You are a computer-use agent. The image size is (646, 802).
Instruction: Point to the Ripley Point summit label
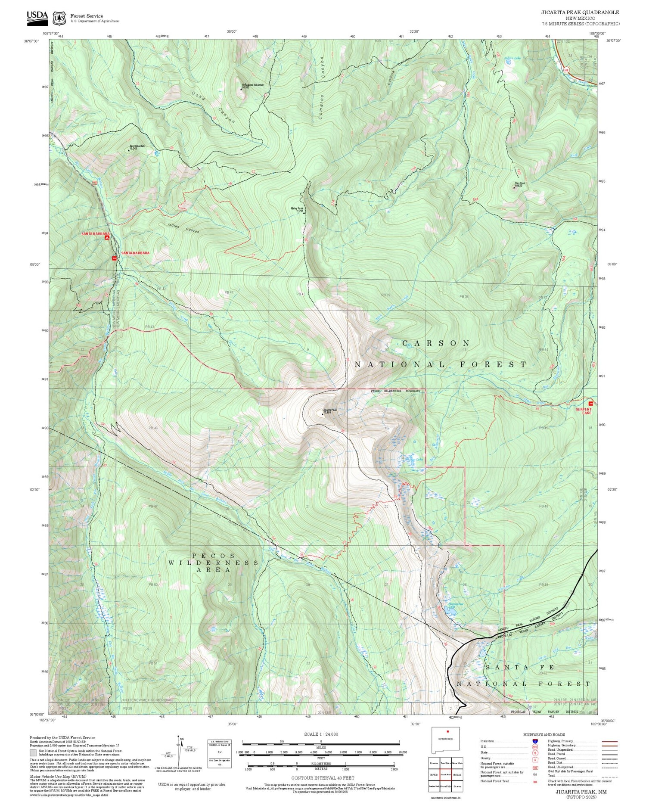pyautogui.click(x=297, y=209)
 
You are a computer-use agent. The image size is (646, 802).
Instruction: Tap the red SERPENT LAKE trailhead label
pyautogui.click(x=584, y=410)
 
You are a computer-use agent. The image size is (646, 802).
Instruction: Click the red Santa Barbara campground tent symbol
pyautogui.click(x=107, y=237)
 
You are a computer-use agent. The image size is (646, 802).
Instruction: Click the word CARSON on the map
pyautogui.click(x=436, y=343)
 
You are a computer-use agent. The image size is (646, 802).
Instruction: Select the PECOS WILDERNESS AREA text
pyautogui.click(x=214, y=563)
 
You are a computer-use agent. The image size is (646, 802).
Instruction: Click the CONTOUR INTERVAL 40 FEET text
pyautogui.click(x=323, y=778)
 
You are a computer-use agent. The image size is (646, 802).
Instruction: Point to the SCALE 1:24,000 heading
pyautogui.click(x=321, y=734)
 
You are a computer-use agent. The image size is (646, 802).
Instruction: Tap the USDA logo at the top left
pyautogui.click(x=37, y=16)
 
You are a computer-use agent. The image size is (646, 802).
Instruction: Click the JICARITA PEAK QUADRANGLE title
pyautogui.click(x=580, y=12)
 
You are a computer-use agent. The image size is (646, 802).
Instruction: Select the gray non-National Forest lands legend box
pyautogui.click(x=33, y=753)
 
